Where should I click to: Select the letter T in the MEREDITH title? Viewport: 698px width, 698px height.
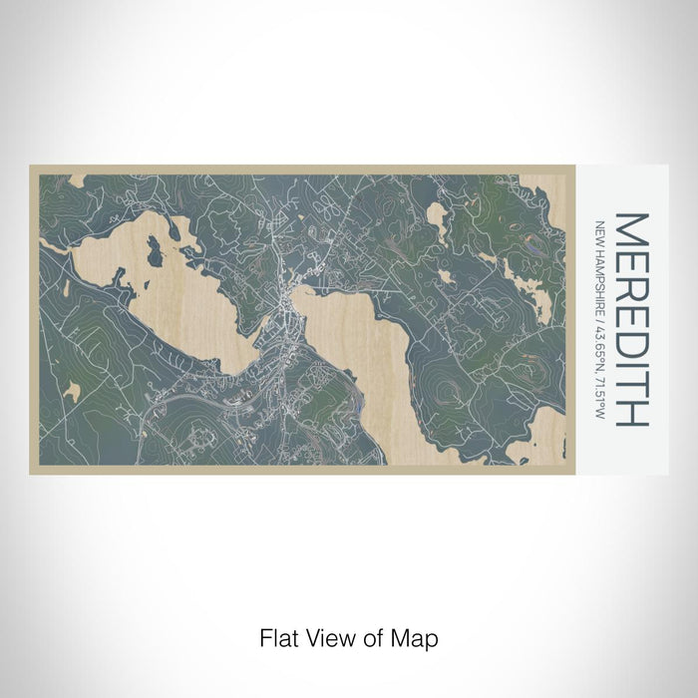coord(632,379)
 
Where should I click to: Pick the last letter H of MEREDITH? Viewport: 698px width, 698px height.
coord(632,410)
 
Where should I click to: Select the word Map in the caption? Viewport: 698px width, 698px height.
coord(418,637)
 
